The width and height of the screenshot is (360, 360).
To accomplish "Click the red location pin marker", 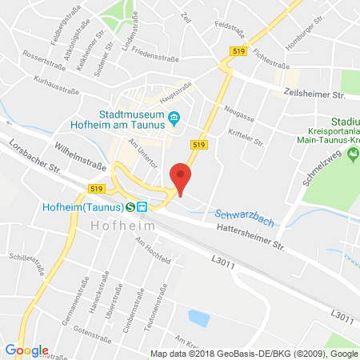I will pyautogui.click(x=182, y=177).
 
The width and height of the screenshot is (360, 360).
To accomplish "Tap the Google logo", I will pyautogui.click(x=26, y=350).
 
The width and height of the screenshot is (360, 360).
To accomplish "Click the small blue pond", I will pyautogui.click(x=198, y=318).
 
